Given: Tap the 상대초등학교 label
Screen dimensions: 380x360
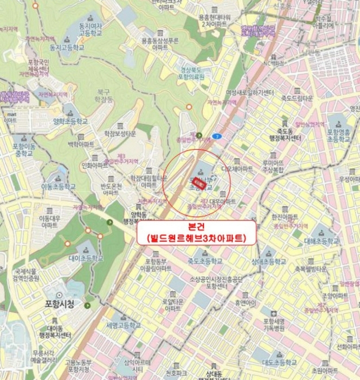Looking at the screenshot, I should [269, 261].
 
